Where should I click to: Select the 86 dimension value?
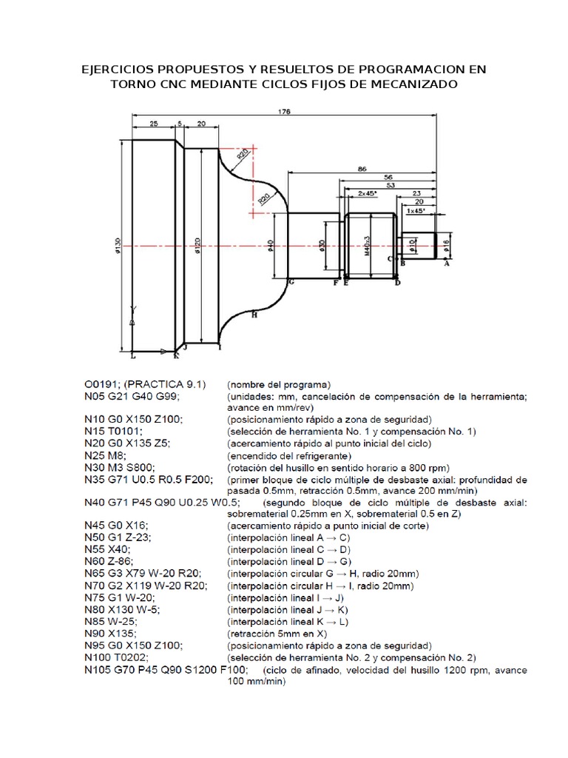[x=362, y=170]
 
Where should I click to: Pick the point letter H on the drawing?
[x=254, y=315]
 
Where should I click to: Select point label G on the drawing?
[x=291, y=283]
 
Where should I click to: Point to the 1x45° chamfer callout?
[x=415, y=211]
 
